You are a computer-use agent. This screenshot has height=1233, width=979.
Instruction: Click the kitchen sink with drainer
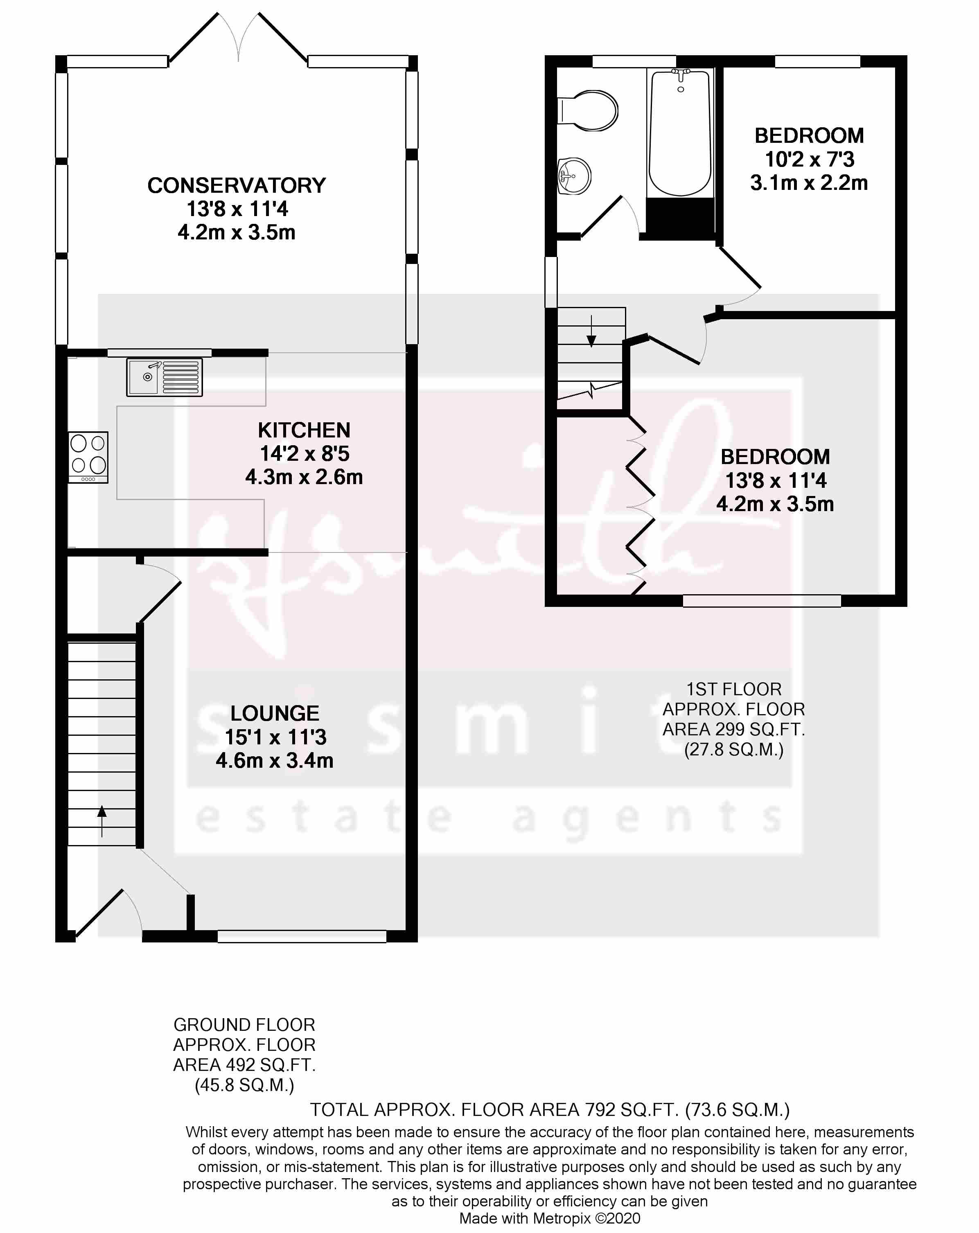tap(165, 377)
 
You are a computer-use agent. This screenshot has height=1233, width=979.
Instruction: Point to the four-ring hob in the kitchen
tap(88, 458)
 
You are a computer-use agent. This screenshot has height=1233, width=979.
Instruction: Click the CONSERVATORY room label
tap(237, 185)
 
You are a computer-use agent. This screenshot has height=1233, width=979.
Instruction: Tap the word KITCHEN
tap(304, 430)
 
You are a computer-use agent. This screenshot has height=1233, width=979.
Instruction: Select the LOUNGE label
tap(275, 713)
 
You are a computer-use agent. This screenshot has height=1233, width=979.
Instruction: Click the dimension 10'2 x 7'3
tap(809, 159)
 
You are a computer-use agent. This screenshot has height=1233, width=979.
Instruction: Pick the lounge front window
tap(302, 936)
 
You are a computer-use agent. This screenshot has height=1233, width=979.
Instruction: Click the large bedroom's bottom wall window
tap(762, 600)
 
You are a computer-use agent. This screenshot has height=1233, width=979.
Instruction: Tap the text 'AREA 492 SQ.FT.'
tap(244, 1065)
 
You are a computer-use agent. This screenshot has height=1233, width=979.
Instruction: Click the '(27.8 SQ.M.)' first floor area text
tap(734, 749)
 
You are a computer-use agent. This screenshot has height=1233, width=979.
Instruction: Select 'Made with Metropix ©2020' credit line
tap(550, 1218)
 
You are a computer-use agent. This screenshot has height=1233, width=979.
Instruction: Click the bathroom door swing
tap(609, 216)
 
